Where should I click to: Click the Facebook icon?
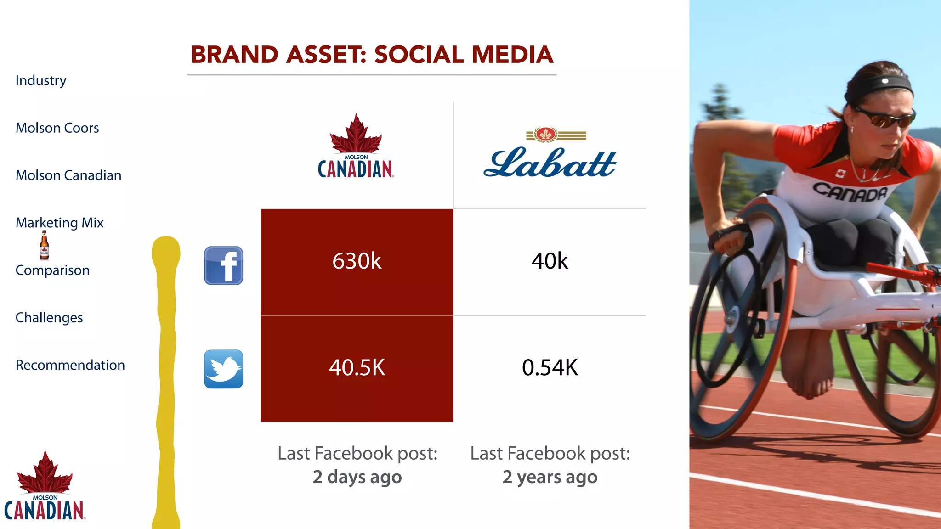(x=223, y=265)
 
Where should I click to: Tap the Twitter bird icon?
(x=223, y=369)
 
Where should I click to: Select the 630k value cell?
(x=357, y=261)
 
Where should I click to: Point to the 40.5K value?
(x=357, y=367)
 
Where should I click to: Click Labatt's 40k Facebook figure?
(x=550, y=261)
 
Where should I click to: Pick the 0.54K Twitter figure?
(x=550, y=367)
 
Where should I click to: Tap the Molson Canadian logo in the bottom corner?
(x=45, y=487)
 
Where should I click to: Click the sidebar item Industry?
(x=41, y=80)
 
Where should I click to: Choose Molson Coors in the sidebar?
(x=57, y=128)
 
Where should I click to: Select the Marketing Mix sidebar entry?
(x=60, y=223)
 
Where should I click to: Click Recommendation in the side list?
(x=70, y=365)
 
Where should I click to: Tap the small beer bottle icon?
(x=44, y=245)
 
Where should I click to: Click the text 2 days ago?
(x=357, y=477)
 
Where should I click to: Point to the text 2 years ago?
(x=550, y=477)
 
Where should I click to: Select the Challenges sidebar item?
(x=49, y=318)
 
